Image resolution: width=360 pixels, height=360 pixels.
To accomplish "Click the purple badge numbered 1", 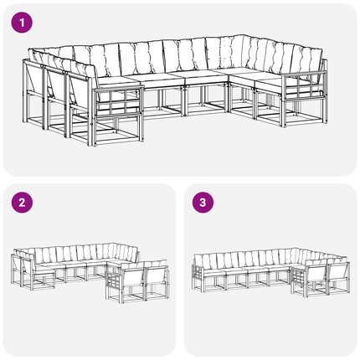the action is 22,23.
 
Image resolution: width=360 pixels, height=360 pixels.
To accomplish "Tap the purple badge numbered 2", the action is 22,203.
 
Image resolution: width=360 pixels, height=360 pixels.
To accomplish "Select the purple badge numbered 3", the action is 203,203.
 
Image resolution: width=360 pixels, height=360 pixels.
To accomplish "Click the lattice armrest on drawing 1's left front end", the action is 119,101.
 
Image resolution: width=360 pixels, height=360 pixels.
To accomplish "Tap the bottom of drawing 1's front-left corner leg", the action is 90,145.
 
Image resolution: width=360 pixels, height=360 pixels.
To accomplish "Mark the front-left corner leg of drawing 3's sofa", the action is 202,285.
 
